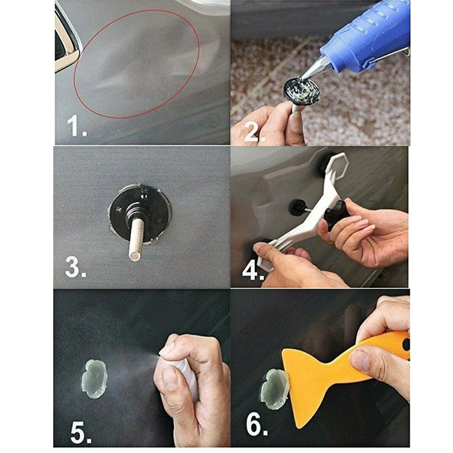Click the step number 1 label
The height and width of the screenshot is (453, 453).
click(76, 126)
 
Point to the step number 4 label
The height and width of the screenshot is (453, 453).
click(253, 271)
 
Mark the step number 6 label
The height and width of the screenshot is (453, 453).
click(257, 425)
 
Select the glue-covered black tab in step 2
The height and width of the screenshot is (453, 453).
click(302, 89)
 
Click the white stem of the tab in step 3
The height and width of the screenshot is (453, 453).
click(136, 238)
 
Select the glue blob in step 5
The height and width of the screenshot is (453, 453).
click(95, 379)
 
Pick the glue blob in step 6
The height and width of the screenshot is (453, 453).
click(273, 389)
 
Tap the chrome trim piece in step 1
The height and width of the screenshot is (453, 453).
click(66, 40)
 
